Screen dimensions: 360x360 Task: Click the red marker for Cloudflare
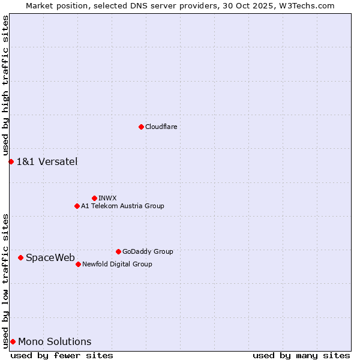pos(141,127)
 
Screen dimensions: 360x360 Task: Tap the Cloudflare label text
pos(161,127)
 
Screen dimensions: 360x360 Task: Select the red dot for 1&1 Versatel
pos(11,161)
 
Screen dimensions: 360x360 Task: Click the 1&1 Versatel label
pos(47,161)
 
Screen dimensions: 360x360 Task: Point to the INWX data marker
pos(94,198)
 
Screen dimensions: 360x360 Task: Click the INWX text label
pos(107,198)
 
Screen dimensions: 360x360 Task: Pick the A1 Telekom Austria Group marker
pos(77,206)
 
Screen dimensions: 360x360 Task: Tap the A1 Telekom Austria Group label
pos(122,206)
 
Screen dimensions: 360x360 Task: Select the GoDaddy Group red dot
pos(118,251)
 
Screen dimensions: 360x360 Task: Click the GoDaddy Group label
pos(148,251)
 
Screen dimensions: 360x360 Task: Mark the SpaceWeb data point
pos(20,257)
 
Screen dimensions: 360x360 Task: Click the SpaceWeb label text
pos(50,257)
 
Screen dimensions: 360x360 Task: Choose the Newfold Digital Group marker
pos(78,264)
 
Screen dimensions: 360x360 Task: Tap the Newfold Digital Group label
pos(117,264)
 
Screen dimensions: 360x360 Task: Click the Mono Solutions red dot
pos(13,341)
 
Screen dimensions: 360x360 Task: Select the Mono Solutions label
pos(55,341)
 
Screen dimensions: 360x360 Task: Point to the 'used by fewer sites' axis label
pos(62,355)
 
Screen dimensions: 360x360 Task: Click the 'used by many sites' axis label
pos(301,355)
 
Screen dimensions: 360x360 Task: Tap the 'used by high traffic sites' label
pos(5,86)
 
